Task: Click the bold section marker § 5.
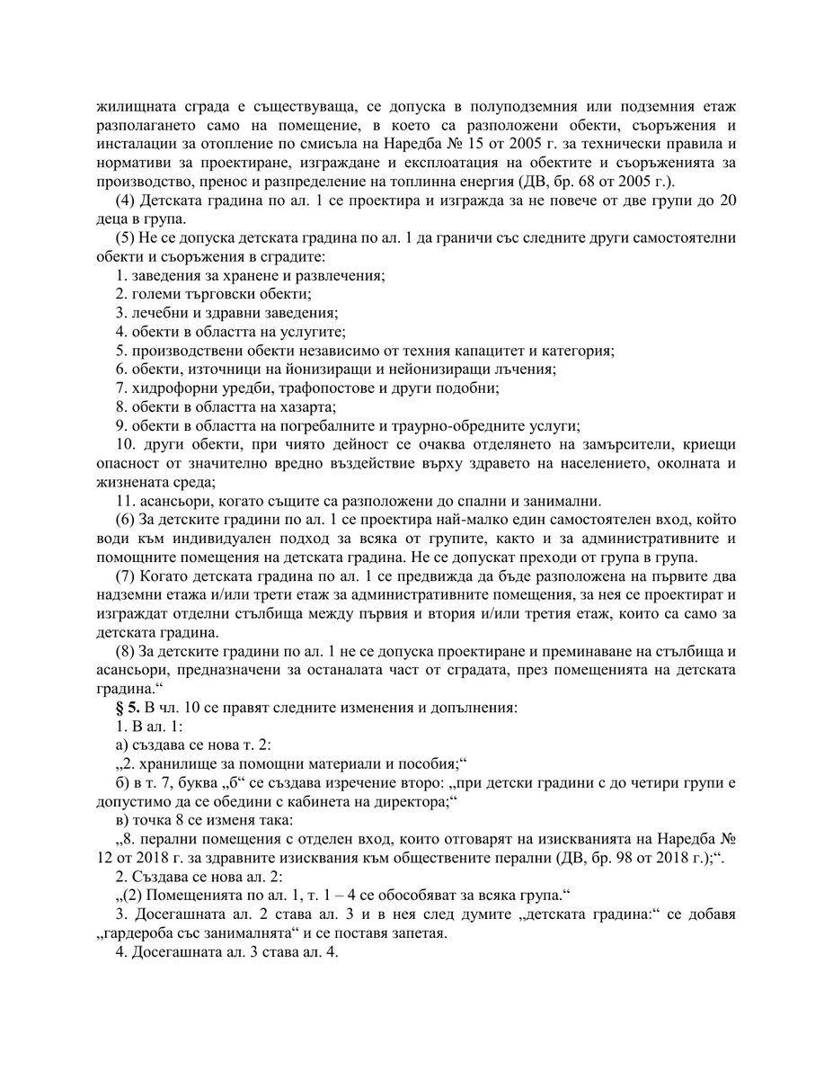click(x=127, y=706)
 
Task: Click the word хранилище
click(x=178, y=763)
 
